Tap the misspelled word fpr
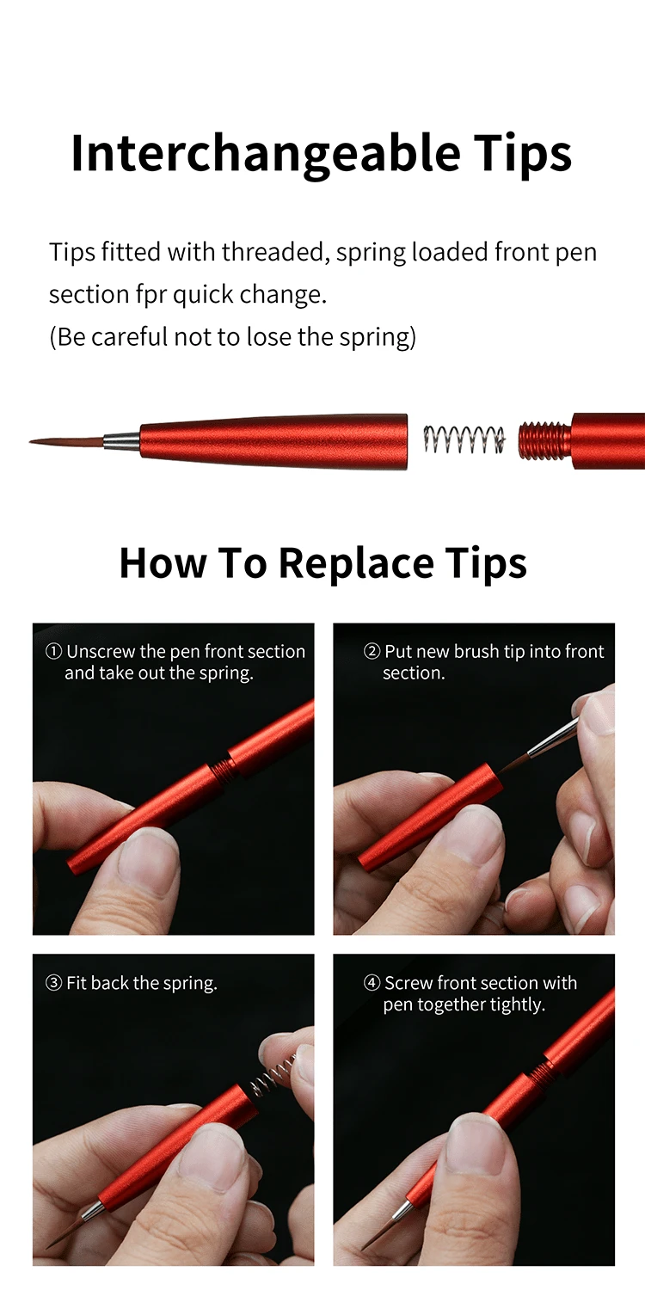click(151, 295)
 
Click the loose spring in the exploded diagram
click(464, 439)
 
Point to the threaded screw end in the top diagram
click(544, 440)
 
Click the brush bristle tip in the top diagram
click(66, 442)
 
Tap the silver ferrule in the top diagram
click(121, 442)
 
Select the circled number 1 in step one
click(53, 651)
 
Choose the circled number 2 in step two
click(372, 651)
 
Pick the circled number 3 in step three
click(53, 983)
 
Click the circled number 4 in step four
click(372, 983)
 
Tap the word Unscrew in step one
click(101, 651)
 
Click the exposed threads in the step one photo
click(223, 770)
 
